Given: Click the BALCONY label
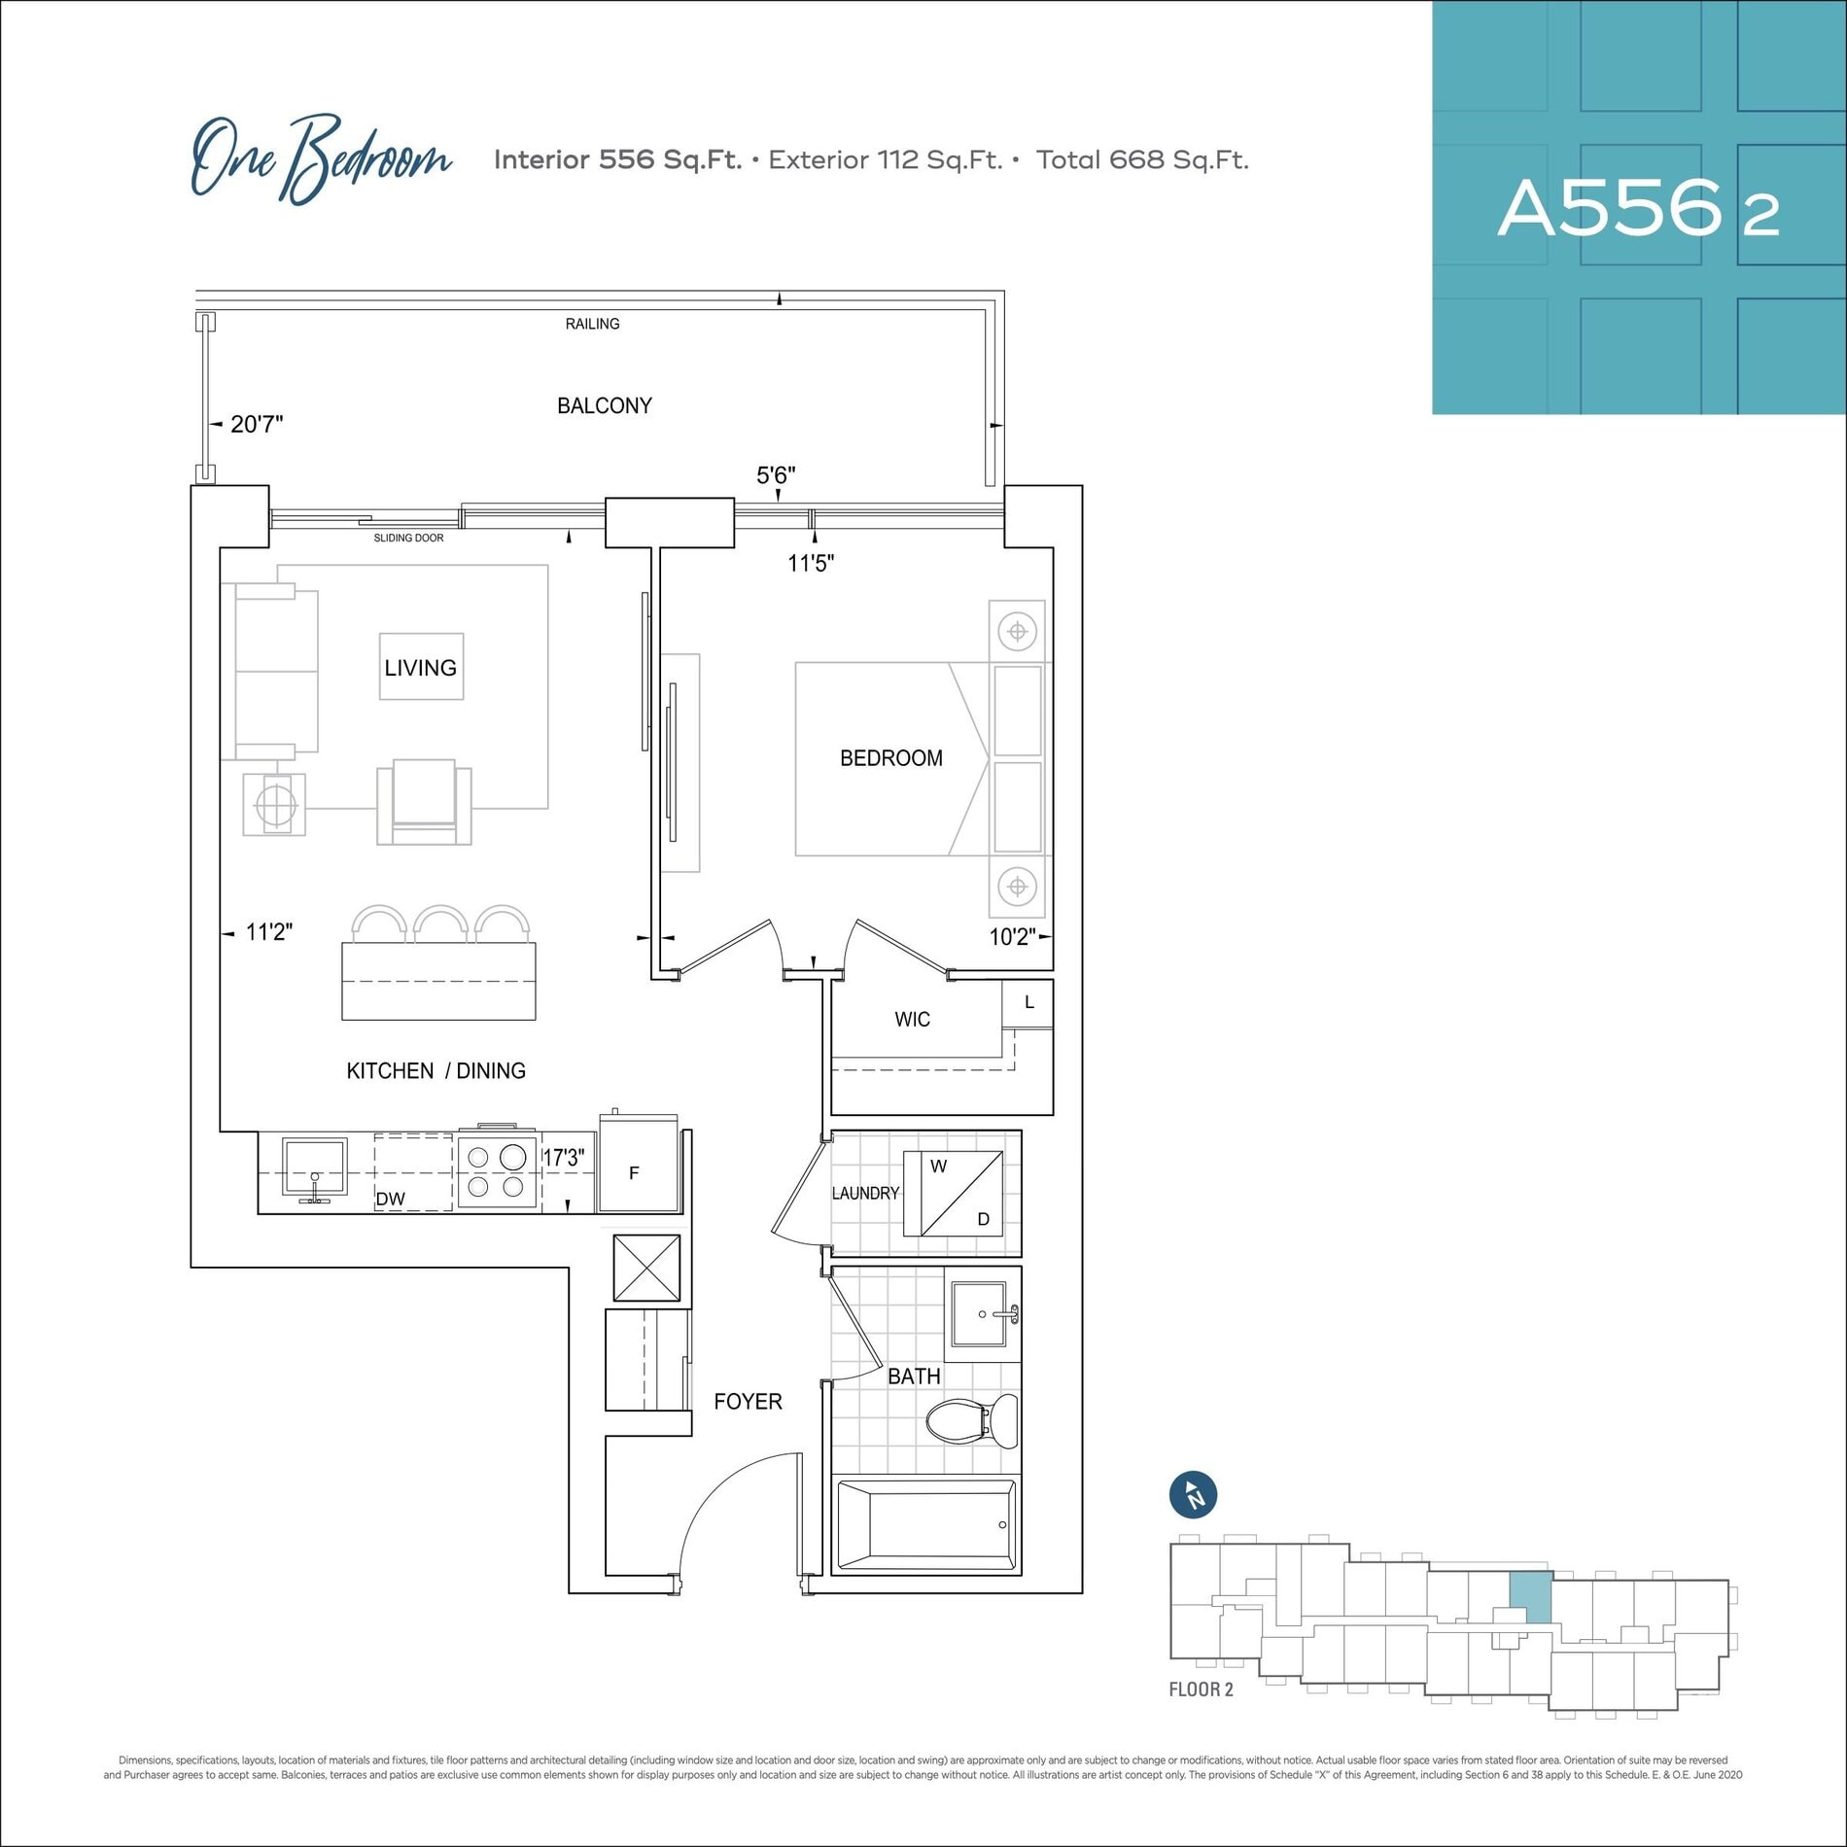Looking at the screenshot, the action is click(604, 405).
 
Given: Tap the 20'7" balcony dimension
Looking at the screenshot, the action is click(257, 424).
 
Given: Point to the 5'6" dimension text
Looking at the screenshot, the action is click(776, 475).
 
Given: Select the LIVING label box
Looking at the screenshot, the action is click(421, 667).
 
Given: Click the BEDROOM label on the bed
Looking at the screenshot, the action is click(891, 758).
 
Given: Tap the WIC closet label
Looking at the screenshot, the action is click(912, 1019).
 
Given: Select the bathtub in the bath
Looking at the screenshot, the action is click(925, 1523).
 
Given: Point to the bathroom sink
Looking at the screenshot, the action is click(984, 1313).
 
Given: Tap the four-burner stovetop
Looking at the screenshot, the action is click(497, 1171).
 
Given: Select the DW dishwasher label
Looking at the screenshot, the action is click(391, 1199).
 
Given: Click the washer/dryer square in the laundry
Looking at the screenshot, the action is click(953, 1193).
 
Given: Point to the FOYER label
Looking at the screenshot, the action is click(748, 1401).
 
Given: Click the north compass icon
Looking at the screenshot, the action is click(1193, 1496).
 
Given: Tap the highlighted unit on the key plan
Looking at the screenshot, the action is click(1529, 1598).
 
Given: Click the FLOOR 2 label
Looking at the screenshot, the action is click(1201, 1690).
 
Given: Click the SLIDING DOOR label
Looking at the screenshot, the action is click(408, 538).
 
